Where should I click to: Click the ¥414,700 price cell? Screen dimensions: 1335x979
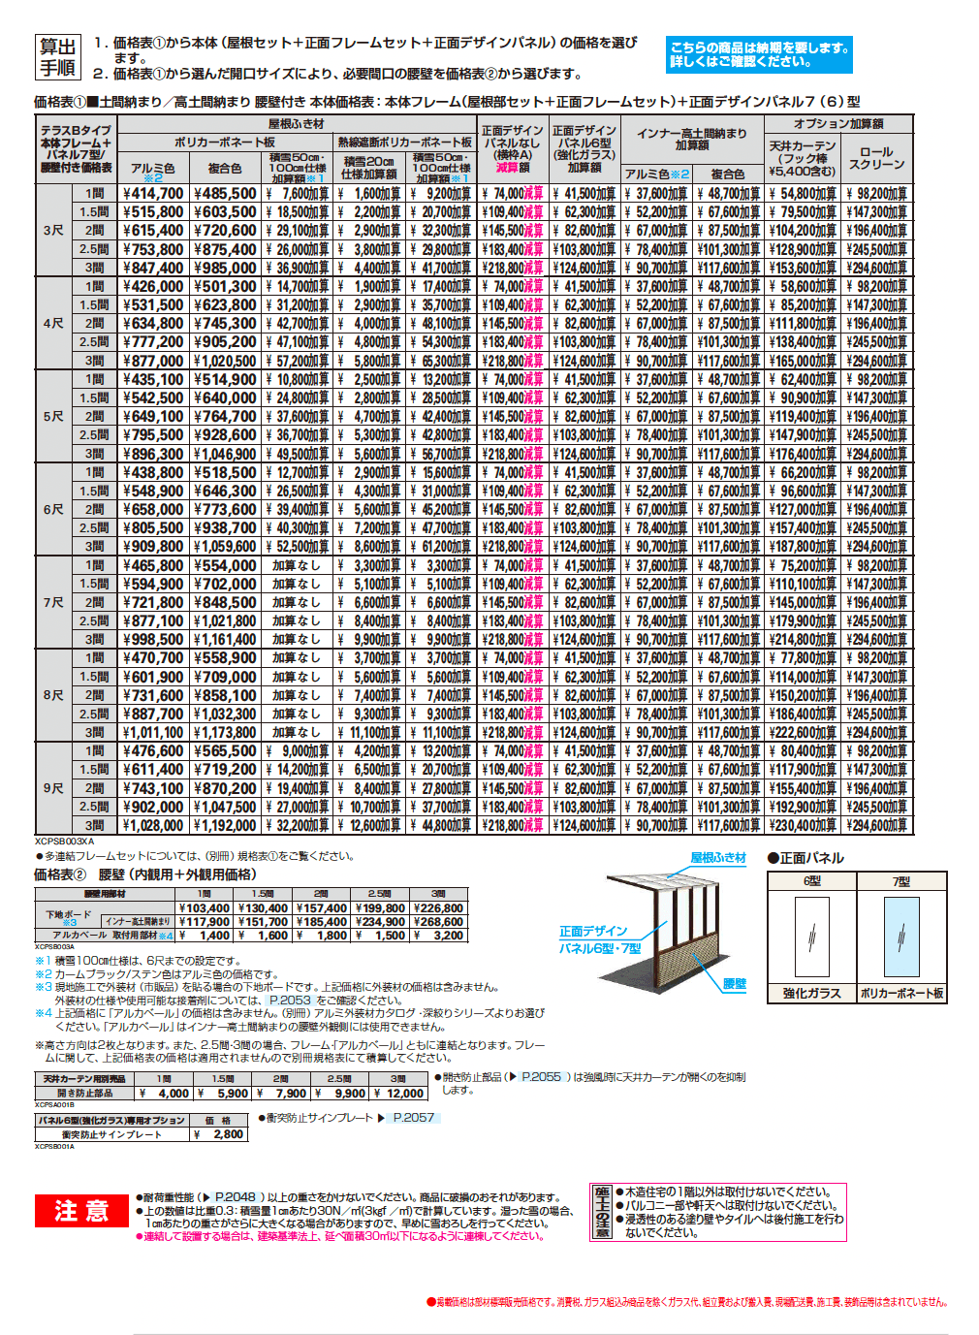(153, 194)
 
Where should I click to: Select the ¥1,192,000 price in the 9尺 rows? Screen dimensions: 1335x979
(225, 826)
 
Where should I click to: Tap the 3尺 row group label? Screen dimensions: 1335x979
(53, 231)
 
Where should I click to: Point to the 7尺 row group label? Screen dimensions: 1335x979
(53, 602)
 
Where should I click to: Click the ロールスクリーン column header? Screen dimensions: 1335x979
(876, 158)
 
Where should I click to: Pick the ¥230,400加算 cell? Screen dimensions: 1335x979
(803, 826)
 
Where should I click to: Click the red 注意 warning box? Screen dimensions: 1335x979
(81, 1211)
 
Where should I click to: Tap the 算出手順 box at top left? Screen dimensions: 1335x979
(57, 58)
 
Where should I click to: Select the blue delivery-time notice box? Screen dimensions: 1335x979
(759, 54)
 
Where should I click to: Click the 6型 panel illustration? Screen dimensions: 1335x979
(811, 937)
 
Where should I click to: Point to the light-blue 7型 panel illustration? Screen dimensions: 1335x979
(901, 937)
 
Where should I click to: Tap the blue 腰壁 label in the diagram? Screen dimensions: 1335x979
(735, 984)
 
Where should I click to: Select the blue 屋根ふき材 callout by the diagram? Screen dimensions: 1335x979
(718, 858)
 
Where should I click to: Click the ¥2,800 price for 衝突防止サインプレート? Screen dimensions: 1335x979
(223, 1134)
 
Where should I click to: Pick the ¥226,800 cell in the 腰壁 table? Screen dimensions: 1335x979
(438, 908)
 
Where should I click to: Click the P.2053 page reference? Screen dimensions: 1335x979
(290, 1000)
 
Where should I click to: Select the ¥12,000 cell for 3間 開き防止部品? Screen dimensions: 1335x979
(399, 1094)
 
